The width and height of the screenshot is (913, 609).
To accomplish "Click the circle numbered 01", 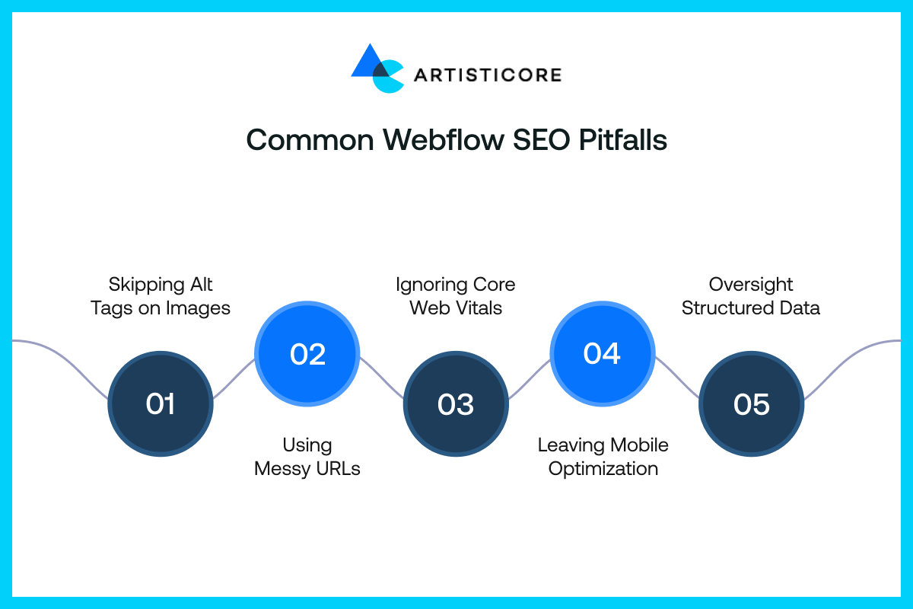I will (x=161, y=403).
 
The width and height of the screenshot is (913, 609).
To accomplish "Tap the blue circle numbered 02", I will (x=307, y=354).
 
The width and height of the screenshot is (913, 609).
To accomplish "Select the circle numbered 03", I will (x=455, y=403).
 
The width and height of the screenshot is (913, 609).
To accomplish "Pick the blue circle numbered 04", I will (x=602, y=354).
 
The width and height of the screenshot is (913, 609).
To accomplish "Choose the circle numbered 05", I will (x=751, y=403).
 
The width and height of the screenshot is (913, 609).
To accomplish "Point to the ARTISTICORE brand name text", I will (x=488, y=75).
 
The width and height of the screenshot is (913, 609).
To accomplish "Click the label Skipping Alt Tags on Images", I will (x=161, y=296).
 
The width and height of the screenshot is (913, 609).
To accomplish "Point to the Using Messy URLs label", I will (x=307, y=456).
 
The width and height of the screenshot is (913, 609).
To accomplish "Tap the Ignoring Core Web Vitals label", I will (x=455, y=296).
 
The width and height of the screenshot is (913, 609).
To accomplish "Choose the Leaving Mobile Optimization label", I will (x=603, y=456).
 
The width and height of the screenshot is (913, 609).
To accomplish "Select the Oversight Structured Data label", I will (x=751, y=296).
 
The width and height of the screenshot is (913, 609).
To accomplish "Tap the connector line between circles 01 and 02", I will (x=234, y=378).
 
